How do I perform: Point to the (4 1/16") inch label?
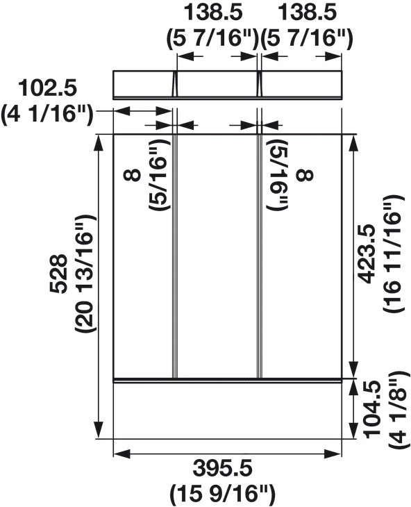click(47, 113)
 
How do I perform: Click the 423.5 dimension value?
click(368, 252)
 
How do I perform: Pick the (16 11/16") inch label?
click(393, 252)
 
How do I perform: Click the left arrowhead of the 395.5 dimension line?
click(119, 454)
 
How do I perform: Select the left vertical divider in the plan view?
click(174, 253)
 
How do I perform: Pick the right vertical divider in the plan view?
click(260, 253)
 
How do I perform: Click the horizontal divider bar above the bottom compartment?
click(228, 380)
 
